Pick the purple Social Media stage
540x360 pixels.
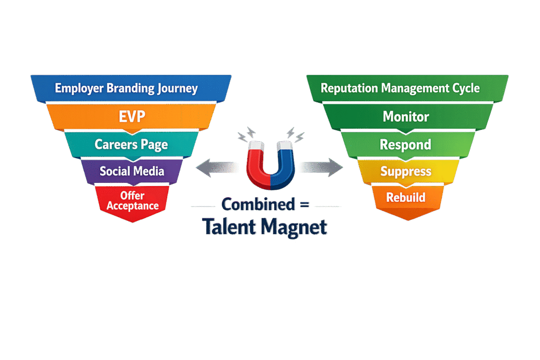(x=132, y=171)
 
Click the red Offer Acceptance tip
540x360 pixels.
(x=132, y=201)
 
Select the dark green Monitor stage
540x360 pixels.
(x=406, y=116)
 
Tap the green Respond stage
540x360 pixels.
(x=406, y=144)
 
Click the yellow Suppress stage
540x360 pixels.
(x=406, y=171)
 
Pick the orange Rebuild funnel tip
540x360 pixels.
(x=406, y=198)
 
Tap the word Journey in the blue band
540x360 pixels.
(x=177, y=88)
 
